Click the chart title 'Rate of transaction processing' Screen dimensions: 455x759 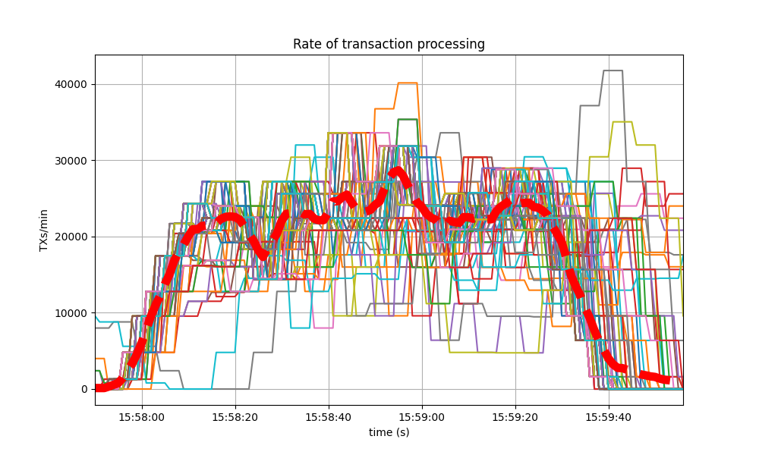pyautogui.click(x=389, y=44)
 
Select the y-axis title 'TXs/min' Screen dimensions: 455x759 pyautogui.click(x=44, y=230)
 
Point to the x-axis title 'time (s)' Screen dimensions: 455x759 pyautogui.click(x=389, y=432)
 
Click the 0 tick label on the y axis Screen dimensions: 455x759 pyautogui.click(x=84, y=390)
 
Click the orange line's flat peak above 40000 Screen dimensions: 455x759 pyautogui.click(x=407, y=83)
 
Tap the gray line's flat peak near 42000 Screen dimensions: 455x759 pyautogui.click(x=613, y=71)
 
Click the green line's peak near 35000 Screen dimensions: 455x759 pyautogui.click(x=407, y=119)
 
